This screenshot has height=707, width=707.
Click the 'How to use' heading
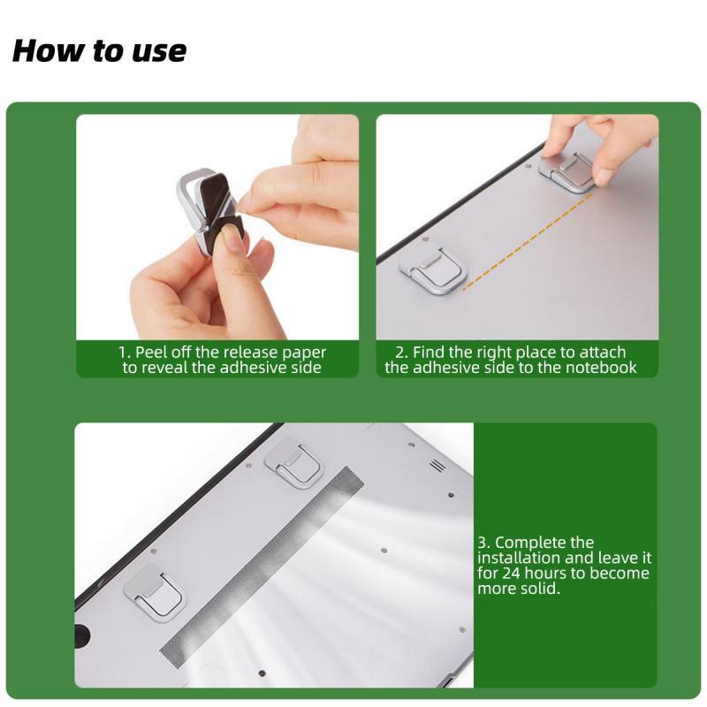[99, 50]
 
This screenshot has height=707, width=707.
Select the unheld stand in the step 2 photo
[432, 270]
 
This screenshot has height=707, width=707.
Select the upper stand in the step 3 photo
[295, 462]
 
